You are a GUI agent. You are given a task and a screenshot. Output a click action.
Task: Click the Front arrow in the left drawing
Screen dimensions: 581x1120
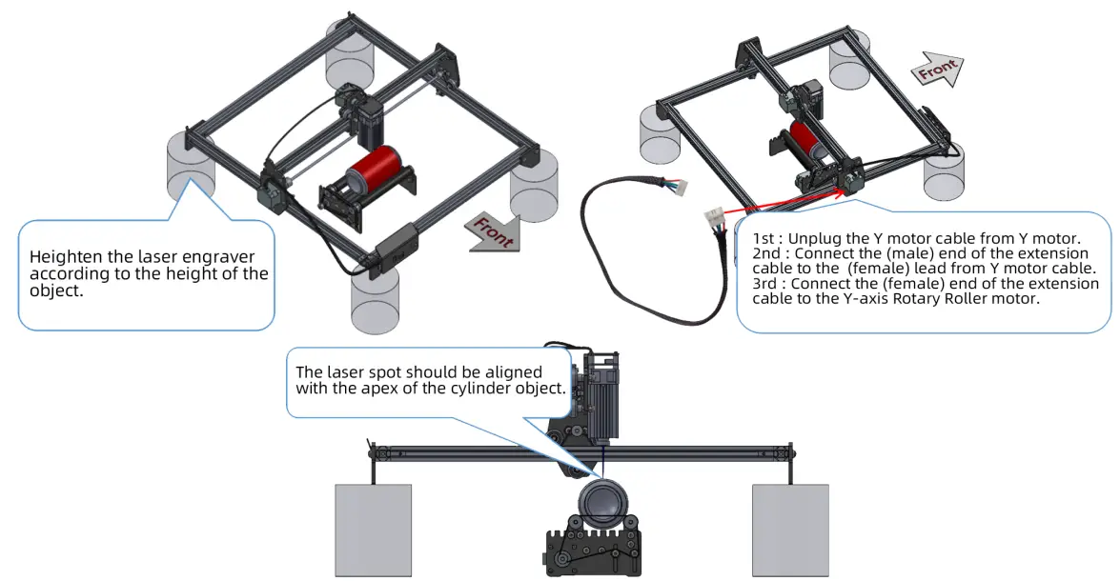[x=492, y=231]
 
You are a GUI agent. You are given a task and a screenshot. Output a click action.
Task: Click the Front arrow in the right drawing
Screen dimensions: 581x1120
[x=936, y=71]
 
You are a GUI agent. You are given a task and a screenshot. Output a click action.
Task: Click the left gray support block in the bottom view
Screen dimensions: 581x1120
[x=374, y=530]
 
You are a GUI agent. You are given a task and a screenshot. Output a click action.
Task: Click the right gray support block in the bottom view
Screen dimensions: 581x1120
[x=790, y=530]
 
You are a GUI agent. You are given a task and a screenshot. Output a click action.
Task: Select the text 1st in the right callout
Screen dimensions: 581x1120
[x=764, y=238]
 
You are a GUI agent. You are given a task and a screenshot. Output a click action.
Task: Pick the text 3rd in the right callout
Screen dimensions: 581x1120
[x=765, y=284]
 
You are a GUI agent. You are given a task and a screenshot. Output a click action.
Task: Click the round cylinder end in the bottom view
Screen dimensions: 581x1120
[x=601, y=501]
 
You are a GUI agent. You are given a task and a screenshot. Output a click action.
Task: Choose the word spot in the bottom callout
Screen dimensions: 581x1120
[x=388, y=372]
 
